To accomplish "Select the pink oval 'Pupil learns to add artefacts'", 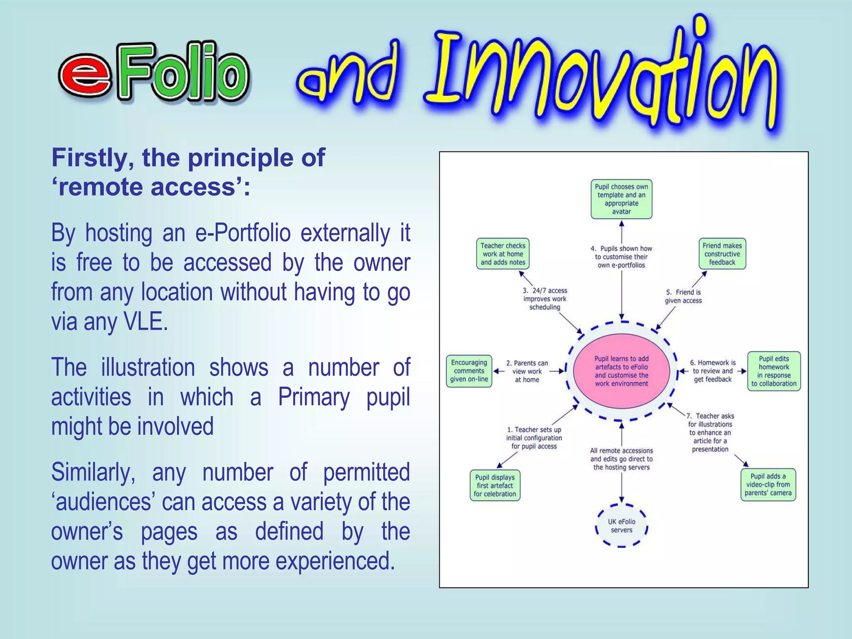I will click(x=621, y=371).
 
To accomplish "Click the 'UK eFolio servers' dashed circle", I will click(x=622, y=525).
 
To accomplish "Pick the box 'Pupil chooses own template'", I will click(x=621, y=199).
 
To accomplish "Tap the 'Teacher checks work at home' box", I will click(x=503, y=254).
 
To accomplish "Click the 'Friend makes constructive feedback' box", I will click(x=722, y=254).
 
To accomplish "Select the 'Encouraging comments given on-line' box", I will click(x=469, y=371).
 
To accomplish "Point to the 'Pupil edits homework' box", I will click(x=773, y=371).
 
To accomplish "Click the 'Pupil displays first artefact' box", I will click(x=495, y=485).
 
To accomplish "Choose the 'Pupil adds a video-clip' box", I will click(x=768, y=485).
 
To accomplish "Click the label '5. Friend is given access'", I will click(x=683, y=296).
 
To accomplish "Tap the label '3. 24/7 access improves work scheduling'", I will click(x=545, y=299).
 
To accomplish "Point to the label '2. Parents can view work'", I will click(x=527, y=371).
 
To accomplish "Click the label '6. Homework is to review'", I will click(x=712, y=371).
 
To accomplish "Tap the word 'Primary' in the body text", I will click(x=314, y=396).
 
